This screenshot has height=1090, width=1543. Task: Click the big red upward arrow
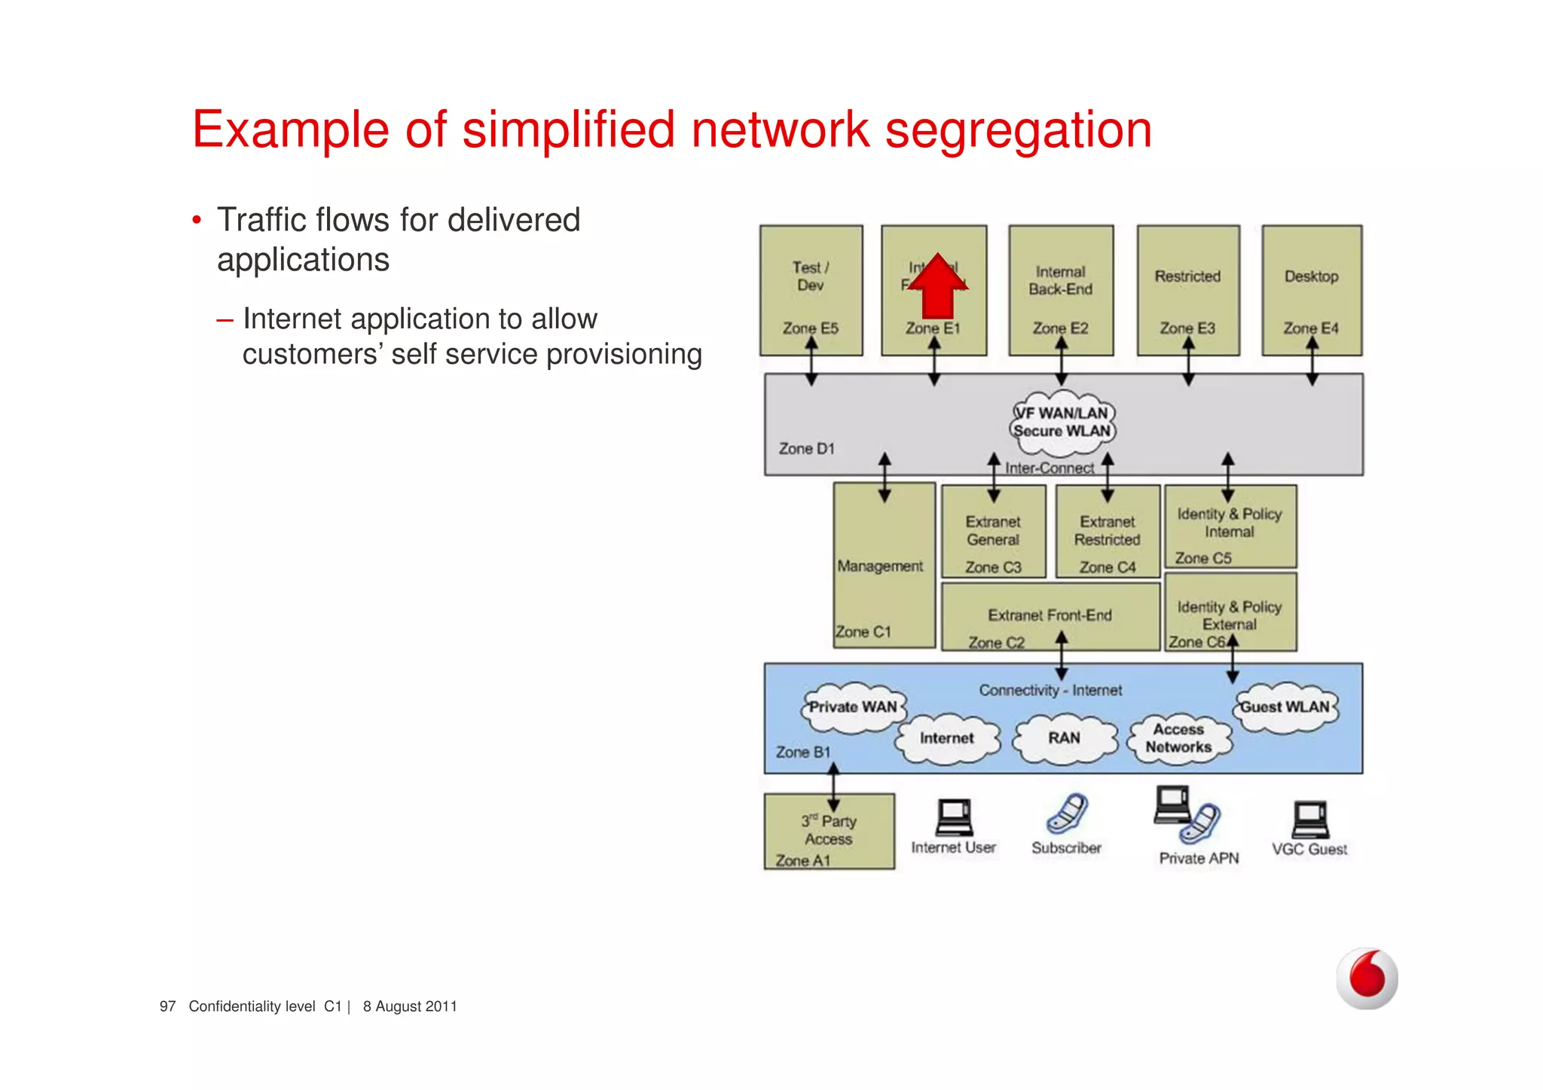point(937,288)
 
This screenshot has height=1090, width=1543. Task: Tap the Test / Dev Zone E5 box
point(811,290)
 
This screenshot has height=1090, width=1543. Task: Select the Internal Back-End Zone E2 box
point(1061,290)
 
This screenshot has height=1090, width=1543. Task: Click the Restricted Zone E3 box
point(1188,290)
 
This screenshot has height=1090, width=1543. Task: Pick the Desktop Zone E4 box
point(1312,290)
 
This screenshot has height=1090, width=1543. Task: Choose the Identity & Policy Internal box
point(1230,527)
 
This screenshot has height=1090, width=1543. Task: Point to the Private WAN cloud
point(853,707)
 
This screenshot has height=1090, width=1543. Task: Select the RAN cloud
point(1064,738)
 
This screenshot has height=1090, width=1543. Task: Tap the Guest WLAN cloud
point(1285,707)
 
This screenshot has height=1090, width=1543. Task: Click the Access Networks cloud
point(1178,738)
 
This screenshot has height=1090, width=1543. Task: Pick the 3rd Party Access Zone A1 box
point(829,832)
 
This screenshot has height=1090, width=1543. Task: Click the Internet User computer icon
point(954,818)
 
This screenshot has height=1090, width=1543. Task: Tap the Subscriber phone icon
point(1067,814)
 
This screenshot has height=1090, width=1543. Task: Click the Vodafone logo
point(1367,978)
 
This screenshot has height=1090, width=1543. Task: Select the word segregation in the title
point(1018,130)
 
